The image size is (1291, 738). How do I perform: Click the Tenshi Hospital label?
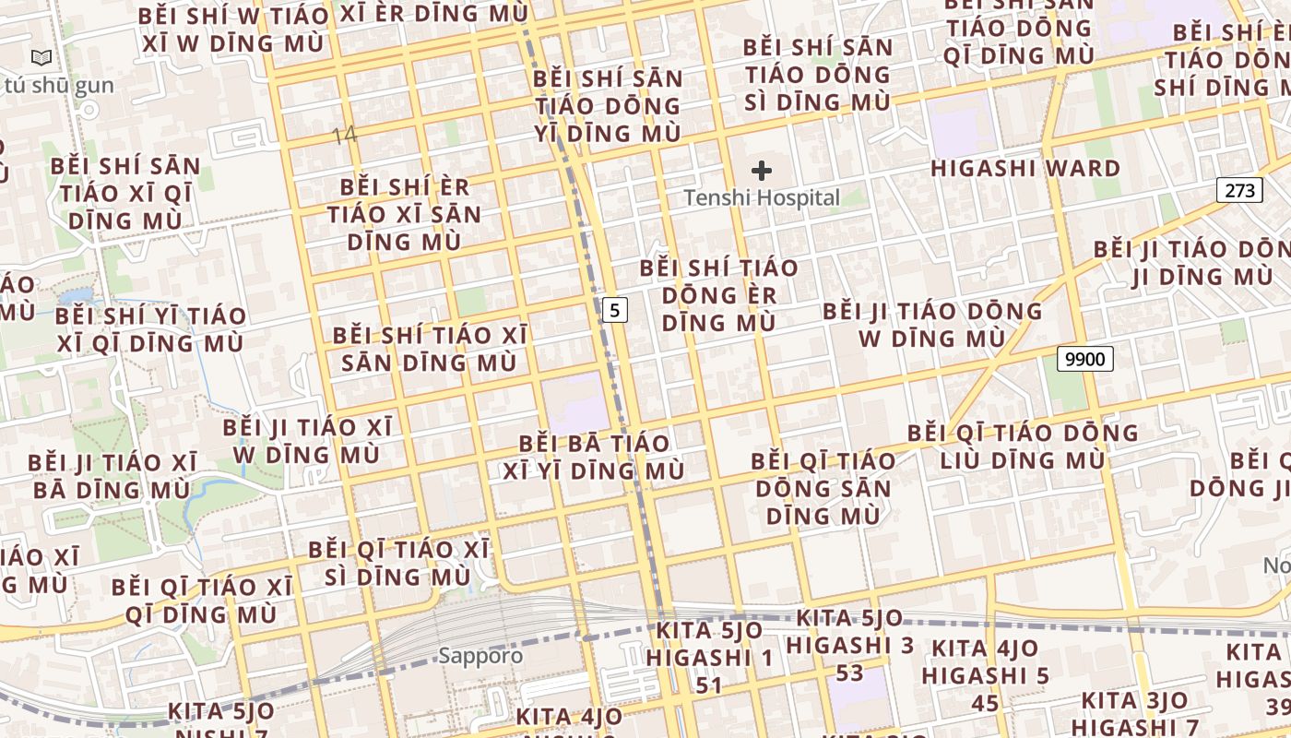[x=762, y=197]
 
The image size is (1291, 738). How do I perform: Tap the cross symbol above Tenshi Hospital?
[x=762, y=171]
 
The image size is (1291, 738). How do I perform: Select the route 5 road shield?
[x=615, y=310]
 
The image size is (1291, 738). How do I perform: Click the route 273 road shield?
[x=1239, y=191]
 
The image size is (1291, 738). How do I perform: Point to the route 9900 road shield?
[x=1084, y=359]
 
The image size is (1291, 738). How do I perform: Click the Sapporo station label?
[x=480, y=657]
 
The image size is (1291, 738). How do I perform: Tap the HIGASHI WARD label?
[x=1025, y=169]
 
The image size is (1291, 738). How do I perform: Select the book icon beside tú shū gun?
[x=41, y=58]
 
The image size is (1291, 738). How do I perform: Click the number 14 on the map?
[x=344, y=136]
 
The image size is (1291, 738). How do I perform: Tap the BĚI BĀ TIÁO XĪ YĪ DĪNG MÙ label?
[x=594, y=457]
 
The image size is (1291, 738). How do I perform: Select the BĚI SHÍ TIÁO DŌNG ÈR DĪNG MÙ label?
[x=718, y=295]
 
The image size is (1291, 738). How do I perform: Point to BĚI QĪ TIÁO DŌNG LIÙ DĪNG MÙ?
[x=1023, y=446]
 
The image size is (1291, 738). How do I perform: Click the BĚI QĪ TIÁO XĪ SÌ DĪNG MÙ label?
[x=398, y=563]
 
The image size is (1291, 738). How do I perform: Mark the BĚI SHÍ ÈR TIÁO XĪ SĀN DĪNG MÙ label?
[x=405, y=214]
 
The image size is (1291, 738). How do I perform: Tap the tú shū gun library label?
[x=59, y=86]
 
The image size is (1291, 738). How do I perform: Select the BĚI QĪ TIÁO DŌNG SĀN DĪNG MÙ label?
[x=823, y=488]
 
